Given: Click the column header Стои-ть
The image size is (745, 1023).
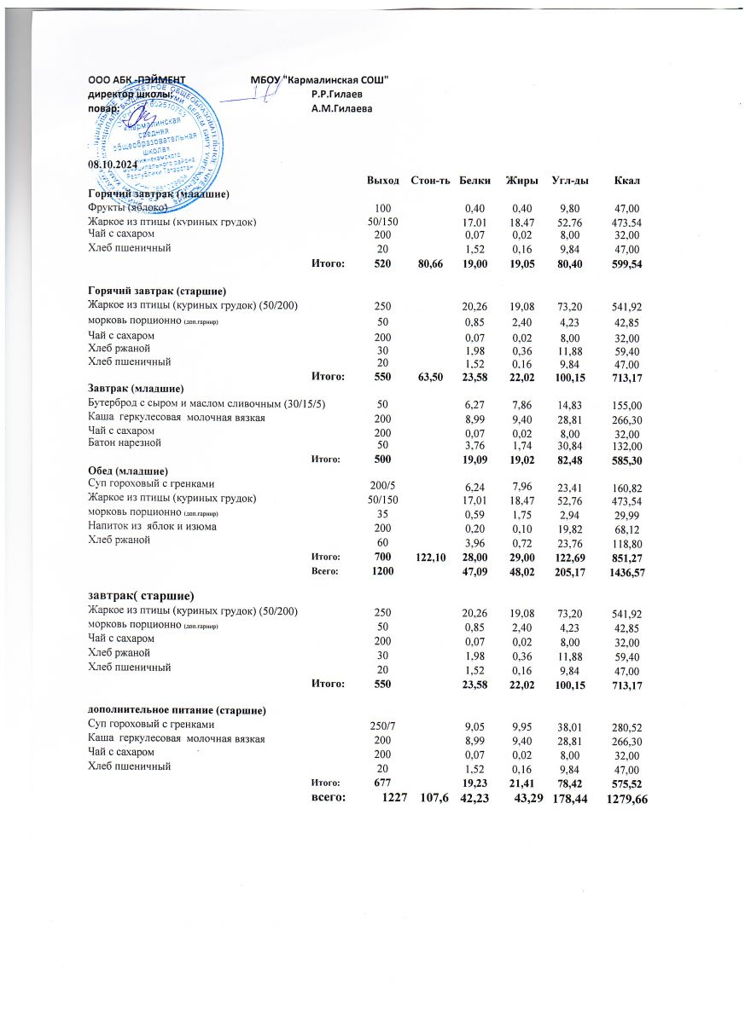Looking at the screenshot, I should coord(430,179).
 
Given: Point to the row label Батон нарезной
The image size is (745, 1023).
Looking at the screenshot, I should coord(124,443).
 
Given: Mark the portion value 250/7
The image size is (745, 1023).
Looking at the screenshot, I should coord(383,724).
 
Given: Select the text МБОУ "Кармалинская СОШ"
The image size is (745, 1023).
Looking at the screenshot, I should coord(320,78).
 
